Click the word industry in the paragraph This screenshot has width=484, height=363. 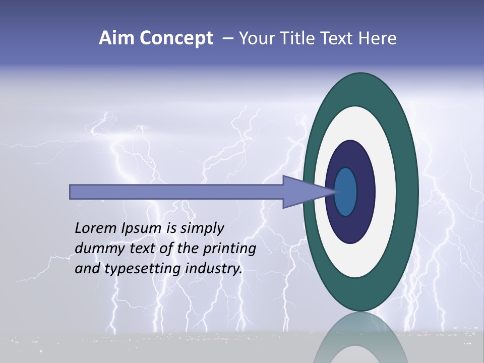point(212,269)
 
